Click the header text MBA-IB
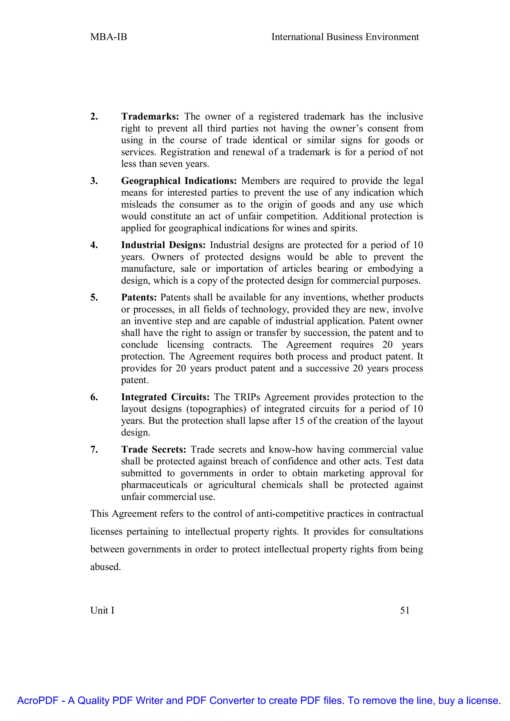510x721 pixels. click(109, 37)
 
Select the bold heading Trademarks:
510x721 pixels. click(150, 117)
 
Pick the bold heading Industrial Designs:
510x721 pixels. click(163, 245)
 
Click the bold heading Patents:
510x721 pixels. click(139, 297)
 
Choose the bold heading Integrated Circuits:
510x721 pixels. click(165, 397)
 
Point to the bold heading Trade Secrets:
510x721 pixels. click(154, 450)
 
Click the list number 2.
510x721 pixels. click(94, 117)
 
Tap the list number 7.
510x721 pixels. click(94, 450)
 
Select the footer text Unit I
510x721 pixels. click(102, 610)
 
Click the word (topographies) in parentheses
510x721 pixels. click(217, 409)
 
